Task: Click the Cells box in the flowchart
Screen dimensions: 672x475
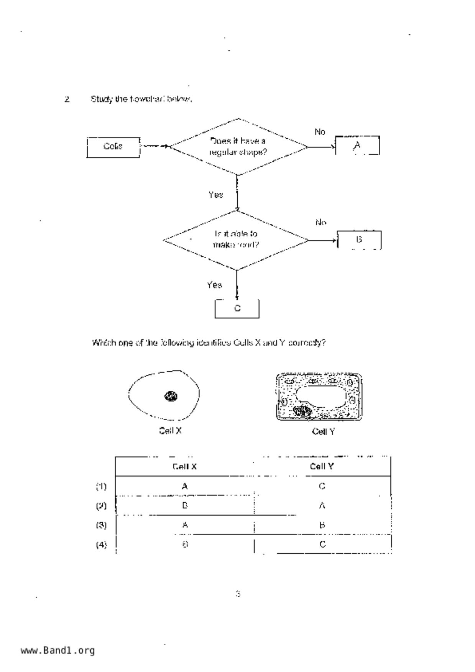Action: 113,147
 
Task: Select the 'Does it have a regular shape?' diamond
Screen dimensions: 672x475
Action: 238,146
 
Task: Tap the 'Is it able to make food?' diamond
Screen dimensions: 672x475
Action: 236,240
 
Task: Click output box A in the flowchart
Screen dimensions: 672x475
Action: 357,146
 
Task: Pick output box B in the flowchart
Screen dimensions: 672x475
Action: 359,240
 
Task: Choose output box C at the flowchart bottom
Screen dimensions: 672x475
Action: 237,308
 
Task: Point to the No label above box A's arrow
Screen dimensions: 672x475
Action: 320,132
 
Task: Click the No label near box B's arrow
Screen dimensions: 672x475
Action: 321,223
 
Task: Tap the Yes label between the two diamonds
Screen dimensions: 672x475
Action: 215,195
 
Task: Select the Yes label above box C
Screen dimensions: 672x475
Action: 214,285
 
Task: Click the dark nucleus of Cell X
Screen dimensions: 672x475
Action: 171,396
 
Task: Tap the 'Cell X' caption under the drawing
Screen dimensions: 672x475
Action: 170,431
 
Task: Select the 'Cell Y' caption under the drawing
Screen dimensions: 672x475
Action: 323,432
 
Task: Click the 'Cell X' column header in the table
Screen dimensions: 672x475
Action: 184,467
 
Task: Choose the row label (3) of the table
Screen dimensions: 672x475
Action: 101,525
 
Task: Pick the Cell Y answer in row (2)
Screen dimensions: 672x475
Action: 322,506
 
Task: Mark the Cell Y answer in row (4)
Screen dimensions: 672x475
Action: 322,544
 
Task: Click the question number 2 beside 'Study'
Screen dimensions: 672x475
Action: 67,100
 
